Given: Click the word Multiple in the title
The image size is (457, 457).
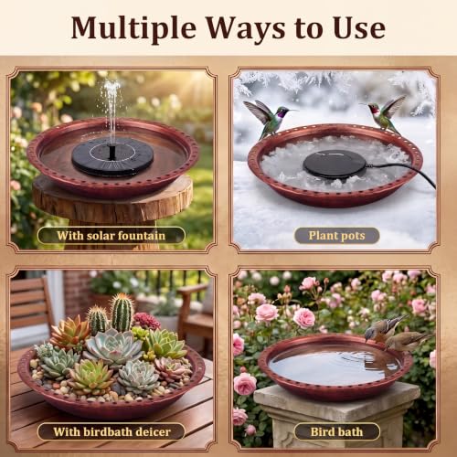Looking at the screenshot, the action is pyautogui.click(x=133, y=29).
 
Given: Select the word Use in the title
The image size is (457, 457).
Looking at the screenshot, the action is pyautogui.click(x=359, y=28).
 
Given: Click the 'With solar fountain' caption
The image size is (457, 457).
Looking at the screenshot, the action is pyautogui.click(x=112, y=236).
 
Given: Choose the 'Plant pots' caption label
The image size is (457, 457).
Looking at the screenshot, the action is pyautogui.click(x=336, y=236).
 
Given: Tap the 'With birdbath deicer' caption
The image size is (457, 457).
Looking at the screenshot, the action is pyautogui.click(x=112, y=431).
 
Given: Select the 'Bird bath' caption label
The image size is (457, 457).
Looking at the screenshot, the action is pyautogui.click(x=337, y=431).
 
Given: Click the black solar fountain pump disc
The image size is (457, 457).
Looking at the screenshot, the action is pyautogui.click(x=112, y=156).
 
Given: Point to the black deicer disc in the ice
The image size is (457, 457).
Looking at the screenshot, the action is pyautogui.click(x=335, y=164).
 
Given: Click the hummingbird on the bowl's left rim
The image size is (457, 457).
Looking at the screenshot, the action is pyautogui.click(x=268, y=117).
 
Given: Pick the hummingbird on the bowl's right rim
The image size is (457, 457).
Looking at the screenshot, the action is pyautogui.click(x=385, y=114).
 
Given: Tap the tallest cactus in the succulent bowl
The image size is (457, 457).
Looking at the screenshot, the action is pyautogui.click(x=122, y=313).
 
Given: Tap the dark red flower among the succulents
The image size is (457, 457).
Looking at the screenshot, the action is pyautogui.click(x=147, y=321).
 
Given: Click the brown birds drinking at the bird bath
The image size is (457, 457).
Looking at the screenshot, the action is pyautogui.click(x=398, y=334).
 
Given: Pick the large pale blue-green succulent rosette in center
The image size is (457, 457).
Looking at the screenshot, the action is pyautogui.click(x=113, y=347).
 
